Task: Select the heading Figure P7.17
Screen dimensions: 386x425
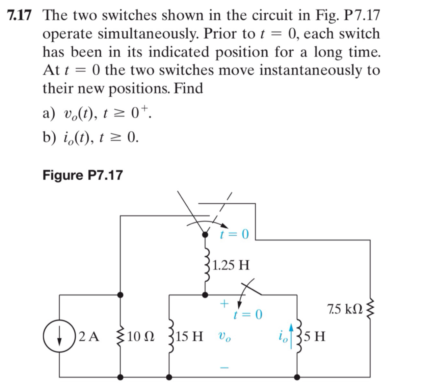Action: (83, 175)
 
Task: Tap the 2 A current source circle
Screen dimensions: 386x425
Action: (61, 337)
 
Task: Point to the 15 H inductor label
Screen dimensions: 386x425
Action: (189, 337)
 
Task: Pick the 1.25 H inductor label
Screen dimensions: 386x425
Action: (232, 265)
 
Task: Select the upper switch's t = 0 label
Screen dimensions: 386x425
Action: (234, 234)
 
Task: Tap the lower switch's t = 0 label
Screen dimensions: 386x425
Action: (248, 315)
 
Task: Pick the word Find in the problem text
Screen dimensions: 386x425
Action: (189, 88)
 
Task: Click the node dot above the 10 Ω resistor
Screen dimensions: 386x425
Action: (120, 295)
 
